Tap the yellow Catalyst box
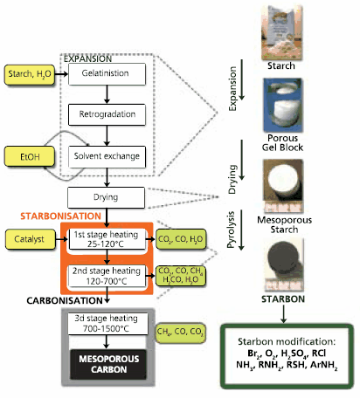point(31,237)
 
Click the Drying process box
point(106,198)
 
